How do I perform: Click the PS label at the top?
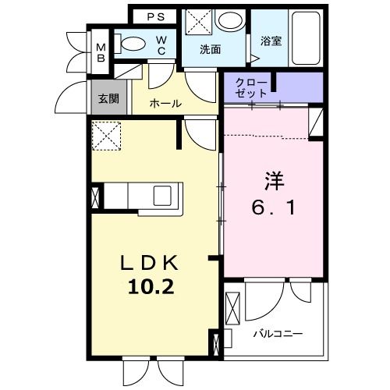point(156,17)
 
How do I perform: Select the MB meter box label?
point(101,53)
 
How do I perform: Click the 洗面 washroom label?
point(211,49)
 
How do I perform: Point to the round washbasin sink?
point(230,19)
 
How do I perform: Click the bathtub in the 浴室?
point(306,38)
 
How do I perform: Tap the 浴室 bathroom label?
point(271,41)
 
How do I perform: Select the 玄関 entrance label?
point(108,99)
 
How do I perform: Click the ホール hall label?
point(165,104)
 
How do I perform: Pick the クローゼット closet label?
point(251,88)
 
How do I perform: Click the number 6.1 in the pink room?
point(273,208)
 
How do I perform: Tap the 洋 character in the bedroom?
point(275,181)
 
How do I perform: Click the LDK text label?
point(150,263)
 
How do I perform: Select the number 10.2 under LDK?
point(151,288)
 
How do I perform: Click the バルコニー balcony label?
point(278,333)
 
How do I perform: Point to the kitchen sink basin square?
point(162,196)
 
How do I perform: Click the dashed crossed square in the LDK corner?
point(107,136)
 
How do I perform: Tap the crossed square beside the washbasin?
point(199,21)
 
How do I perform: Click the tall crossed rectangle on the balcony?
point(232,309)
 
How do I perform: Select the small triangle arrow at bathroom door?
point(255,58)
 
